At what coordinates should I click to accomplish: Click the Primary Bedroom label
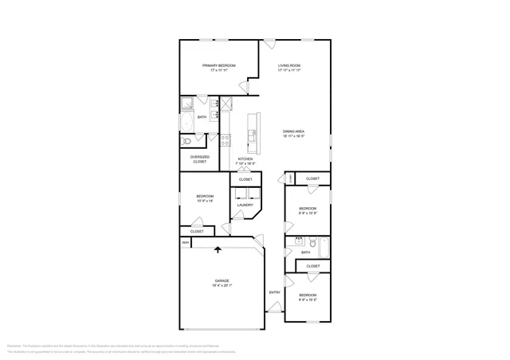(x=214, y=65)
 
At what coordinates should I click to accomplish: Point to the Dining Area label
(x=294, y=131)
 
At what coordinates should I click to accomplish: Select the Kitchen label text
(x=245, y=159)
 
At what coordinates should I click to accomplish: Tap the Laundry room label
(x=245, y=205)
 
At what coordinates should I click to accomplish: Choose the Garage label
(x=222, y=281)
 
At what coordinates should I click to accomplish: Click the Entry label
(x=275, y=292)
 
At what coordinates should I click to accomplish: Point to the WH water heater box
(x=186, y=243)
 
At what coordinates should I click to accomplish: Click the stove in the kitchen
(x=226, y=140)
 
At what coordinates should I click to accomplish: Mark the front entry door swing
(x=274, y=306)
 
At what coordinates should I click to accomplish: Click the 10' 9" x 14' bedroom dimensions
(x=206, y=201)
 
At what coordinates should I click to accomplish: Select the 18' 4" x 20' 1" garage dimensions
(x=222, y=287)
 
